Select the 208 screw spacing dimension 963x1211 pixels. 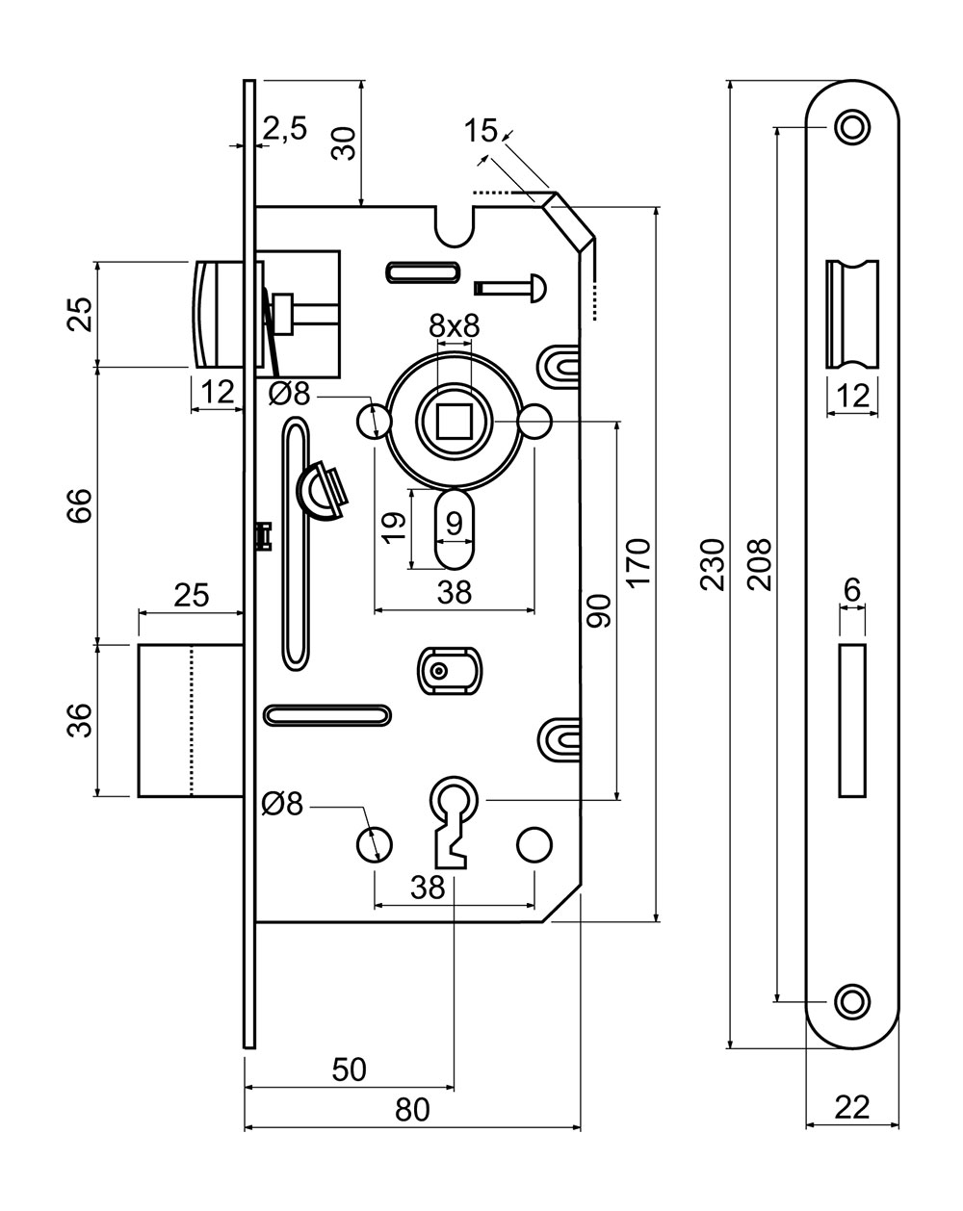759,563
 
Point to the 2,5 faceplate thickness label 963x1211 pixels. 284,128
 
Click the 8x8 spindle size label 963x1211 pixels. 455,326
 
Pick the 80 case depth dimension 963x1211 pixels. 412,1110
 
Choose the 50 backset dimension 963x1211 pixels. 349,1069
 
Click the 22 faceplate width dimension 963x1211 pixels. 852,1107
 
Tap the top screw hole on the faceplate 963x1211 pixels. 851,126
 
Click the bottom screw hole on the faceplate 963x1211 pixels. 851,1001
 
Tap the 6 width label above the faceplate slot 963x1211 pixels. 852,591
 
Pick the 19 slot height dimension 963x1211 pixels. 391,528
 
